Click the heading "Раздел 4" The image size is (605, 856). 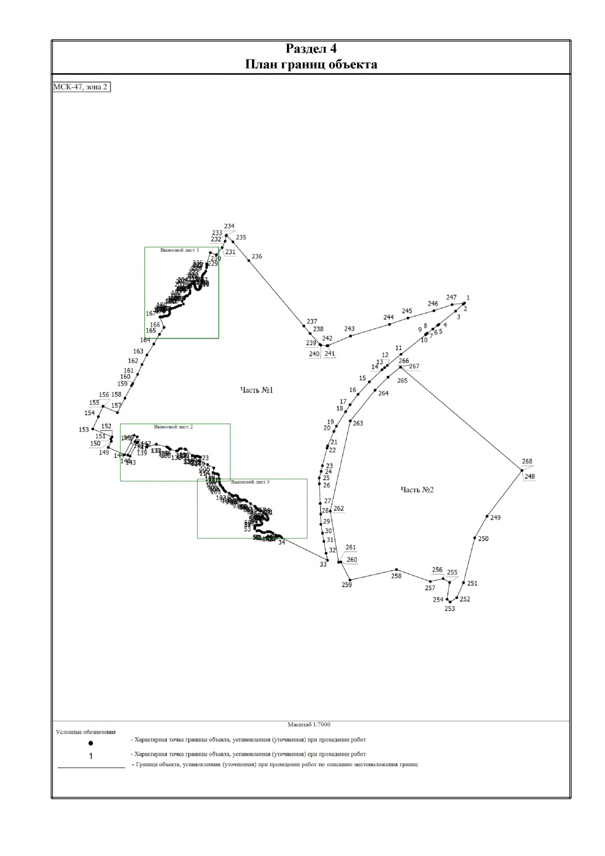(x=311, y=49)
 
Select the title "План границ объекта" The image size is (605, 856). (x=311, y=65)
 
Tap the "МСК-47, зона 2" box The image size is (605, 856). (x=81, y=87)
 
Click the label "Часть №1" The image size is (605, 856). (x=256, y=390)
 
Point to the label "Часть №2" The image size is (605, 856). (x=417, y=490)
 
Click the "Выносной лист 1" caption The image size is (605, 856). (x=179, y=250)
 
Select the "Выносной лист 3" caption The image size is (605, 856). (x=250, y=482)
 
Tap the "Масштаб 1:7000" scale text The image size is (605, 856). (x=309, y=725)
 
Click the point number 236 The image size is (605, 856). (x=257, y=257)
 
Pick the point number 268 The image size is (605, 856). (x=527, y=462)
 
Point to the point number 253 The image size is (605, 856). (x=449, y=609)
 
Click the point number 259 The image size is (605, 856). (x=347, y=585)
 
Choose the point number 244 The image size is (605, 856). (x=388, y=317)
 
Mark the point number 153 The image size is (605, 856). (x=84, y=430)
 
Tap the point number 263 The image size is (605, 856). (x=358, y=423)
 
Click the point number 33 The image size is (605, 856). (x=323, y=564)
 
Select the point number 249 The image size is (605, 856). (x=496, y=518)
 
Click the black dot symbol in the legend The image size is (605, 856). (x=91, y=743)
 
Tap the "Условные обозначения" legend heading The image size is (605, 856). (x=86, y=732)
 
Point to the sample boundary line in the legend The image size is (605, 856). (x=91, y=767)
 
